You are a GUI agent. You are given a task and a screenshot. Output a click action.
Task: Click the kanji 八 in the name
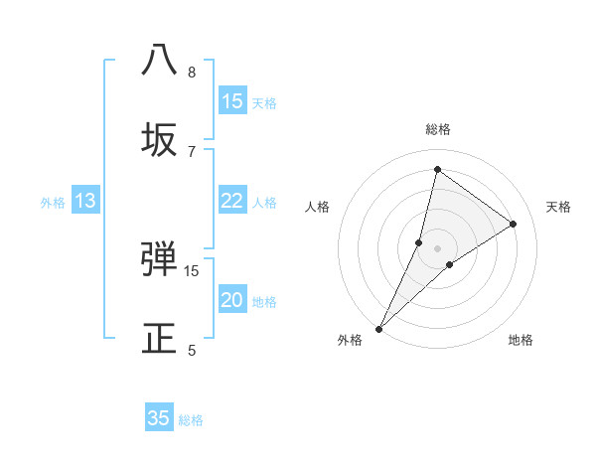point(160,60)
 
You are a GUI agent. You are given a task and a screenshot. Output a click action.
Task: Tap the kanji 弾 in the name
point(160,258)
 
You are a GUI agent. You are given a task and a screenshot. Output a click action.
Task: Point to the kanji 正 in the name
point(160,338)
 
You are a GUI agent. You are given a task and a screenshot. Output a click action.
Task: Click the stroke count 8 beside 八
point(192,73)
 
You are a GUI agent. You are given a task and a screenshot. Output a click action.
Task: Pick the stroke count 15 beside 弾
point(192,270)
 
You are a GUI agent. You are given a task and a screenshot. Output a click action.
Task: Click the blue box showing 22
point(232,202)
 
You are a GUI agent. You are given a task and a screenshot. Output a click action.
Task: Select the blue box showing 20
point(232,301)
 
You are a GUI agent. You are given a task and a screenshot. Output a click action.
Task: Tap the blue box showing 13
point(85,202)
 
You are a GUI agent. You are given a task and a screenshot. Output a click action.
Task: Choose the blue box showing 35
point(159,418)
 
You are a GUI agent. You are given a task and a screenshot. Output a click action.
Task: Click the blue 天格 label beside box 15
point(264,103)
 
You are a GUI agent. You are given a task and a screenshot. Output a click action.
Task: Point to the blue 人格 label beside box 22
point(264,203)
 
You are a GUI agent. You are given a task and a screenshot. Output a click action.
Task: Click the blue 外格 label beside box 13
point(53,203)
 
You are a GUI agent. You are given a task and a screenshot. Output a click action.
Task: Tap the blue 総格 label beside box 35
point(191,419)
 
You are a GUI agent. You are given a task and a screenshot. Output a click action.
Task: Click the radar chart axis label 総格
point(437,129)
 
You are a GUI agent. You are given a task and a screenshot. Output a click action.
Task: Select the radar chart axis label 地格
point(521,340)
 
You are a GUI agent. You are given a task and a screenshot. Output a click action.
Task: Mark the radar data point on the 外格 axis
point(379,328)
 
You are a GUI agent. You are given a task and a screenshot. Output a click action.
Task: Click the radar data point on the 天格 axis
point(514,225)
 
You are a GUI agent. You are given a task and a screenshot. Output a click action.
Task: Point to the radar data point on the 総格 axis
point(437,169)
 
